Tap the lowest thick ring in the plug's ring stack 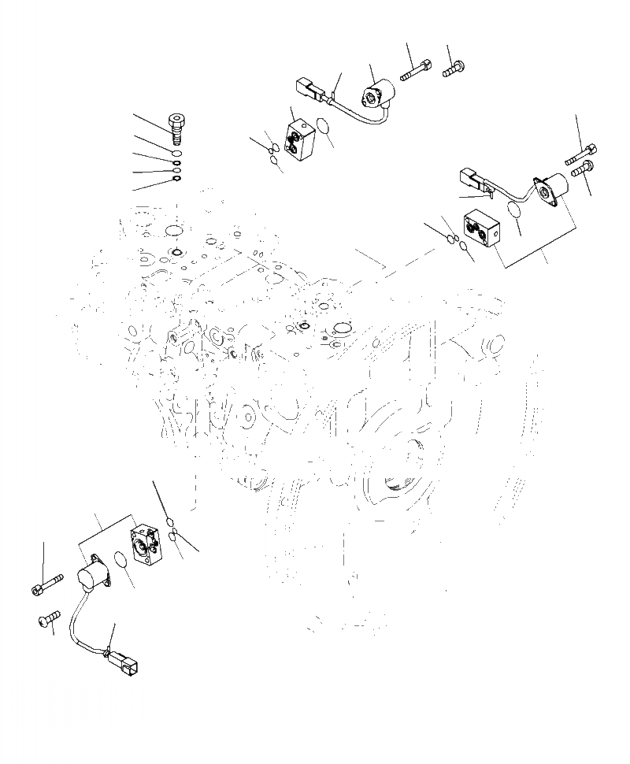point(176,180)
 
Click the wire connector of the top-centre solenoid point(308,91)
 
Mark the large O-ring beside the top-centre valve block point(322,126)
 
